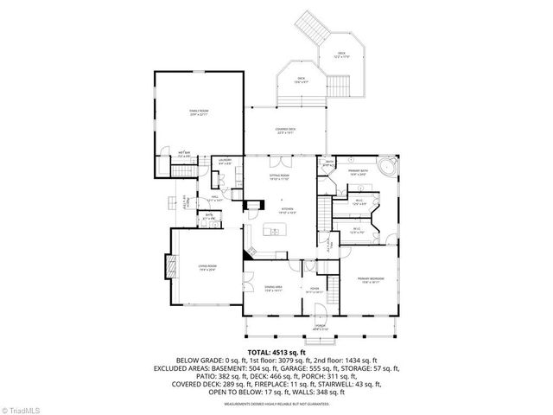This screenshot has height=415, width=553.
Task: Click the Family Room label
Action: coord(200,112)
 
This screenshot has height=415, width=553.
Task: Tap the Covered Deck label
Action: coord(286,131)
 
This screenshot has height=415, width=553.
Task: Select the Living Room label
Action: coord(206,267)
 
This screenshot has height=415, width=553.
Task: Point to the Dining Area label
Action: coord(273,290)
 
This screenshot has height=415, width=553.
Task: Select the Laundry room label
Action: coord(225,162)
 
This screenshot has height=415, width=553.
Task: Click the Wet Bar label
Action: coord(185,156)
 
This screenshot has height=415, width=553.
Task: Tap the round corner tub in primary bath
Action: coord(385,167)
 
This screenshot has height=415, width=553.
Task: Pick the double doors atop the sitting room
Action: coord(279,163)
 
